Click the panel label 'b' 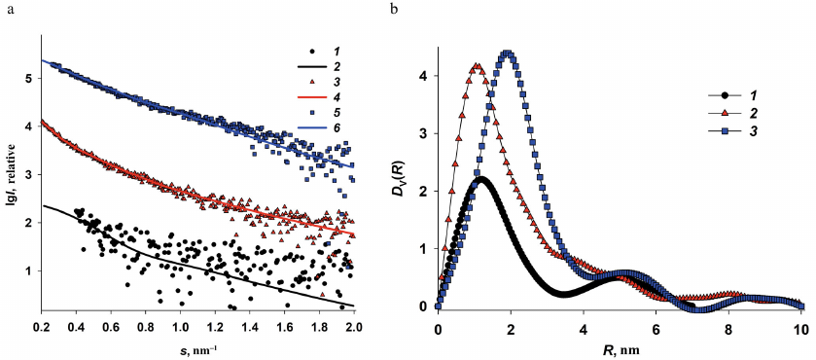(x=420, y=10)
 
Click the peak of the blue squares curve (x=507, y=54)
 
